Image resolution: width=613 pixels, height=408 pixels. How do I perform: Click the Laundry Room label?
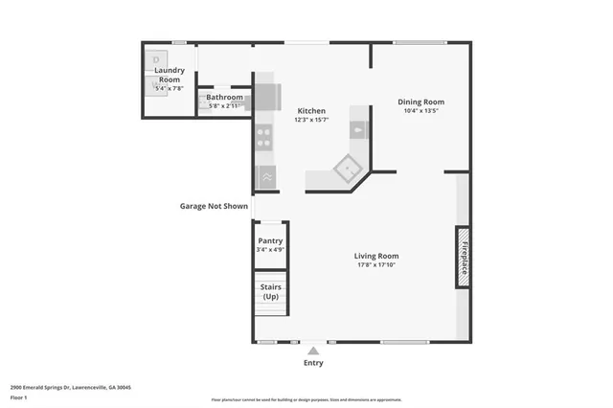(169, 75)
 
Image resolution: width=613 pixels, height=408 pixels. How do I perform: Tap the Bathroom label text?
(224, 97)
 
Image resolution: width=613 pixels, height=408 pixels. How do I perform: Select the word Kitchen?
(311, 111)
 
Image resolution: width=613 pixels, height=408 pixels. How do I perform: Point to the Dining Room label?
(420, 102)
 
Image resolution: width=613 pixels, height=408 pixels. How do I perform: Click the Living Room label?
(375, 256)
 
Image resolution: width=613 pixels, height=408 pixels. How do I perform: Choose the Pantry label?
(270, 241)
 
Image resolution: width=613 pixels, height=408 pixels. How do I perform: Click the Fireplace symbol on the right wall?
(462, 257)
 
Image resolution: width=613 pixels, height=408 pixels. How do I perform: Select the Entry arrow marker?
(312, 351)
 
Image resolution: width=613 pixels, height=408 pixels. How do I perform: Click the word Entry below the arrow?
(312, 363)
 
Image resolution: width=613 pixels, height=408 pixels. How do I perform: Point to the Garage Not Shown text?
(214, 206)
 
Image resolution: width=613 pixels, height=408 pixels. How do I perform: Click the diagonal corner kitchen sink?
(346, 170)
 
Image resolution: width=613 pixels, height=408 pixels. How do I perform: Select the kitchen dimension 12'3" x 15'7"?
(311, 120)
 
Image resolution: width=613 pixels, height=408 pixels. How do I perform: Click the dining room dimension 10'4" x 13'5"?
(420, 110)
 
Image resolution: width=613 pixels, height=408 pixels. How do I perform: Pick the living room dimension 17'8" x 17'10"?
(375, 265)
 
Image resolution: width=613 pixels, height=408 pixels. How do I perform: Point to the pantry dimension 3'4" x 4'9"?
(270, 250)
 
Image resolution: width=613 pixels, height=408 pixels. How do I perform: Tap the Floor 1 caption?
(19, 397)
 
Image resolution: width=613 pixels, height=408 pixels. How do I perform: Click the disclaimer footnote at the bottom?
(306, 400)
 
